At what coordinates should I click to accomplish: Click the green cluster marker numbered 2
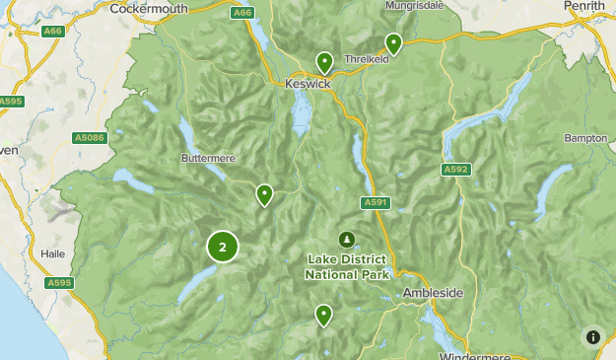[222, 248]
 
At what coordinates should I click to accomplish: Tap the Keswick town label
[308, 85]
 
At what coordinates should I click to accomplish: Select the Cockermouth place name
[149, 8]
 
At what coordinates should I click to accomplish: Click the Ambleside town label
[433, 294]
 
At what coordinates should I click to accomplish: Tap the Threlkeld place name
[368, 59]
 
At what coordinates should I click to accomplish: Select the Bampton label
[585, 139]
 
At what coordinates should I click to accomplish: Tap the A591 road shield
[374, 202]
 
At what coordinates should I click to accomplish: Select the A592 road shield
[454, 170]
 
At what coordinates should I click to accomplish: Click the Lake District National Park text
[348, 266]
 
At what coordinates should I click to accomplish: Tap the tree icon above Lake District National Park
[346, 240]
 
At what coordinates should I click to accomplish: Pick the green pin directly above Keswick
[324, 62]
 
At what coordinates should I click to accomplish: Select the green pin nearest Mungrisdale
[393, 42]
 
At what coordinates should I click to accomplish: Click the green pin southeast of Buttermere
[264, 194]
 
